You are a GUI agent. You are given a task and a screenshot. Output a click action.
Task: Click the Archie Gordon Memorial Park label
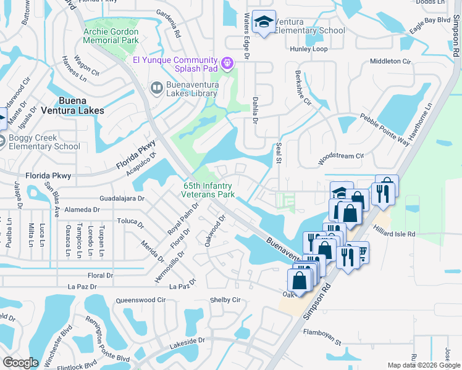112,36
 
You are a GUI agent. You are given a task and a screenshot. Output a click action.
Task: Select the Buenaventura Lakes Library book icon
156,89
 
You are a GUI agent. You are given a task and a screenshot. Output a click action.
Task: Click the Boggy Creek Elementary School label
44,142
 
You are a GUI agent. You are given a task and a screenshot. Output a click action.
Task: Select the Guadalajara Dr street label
121,199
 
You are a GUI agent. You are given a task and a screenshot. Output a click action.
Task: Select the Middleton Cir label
390,61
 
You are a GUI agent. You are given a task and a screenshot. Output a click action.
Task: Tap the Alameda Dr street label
78,210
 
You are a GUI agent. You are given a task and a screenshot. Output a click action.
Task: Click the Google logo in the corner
20,363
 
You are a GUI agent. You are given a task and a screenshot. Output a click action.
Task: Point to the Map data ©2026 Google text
423,365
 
